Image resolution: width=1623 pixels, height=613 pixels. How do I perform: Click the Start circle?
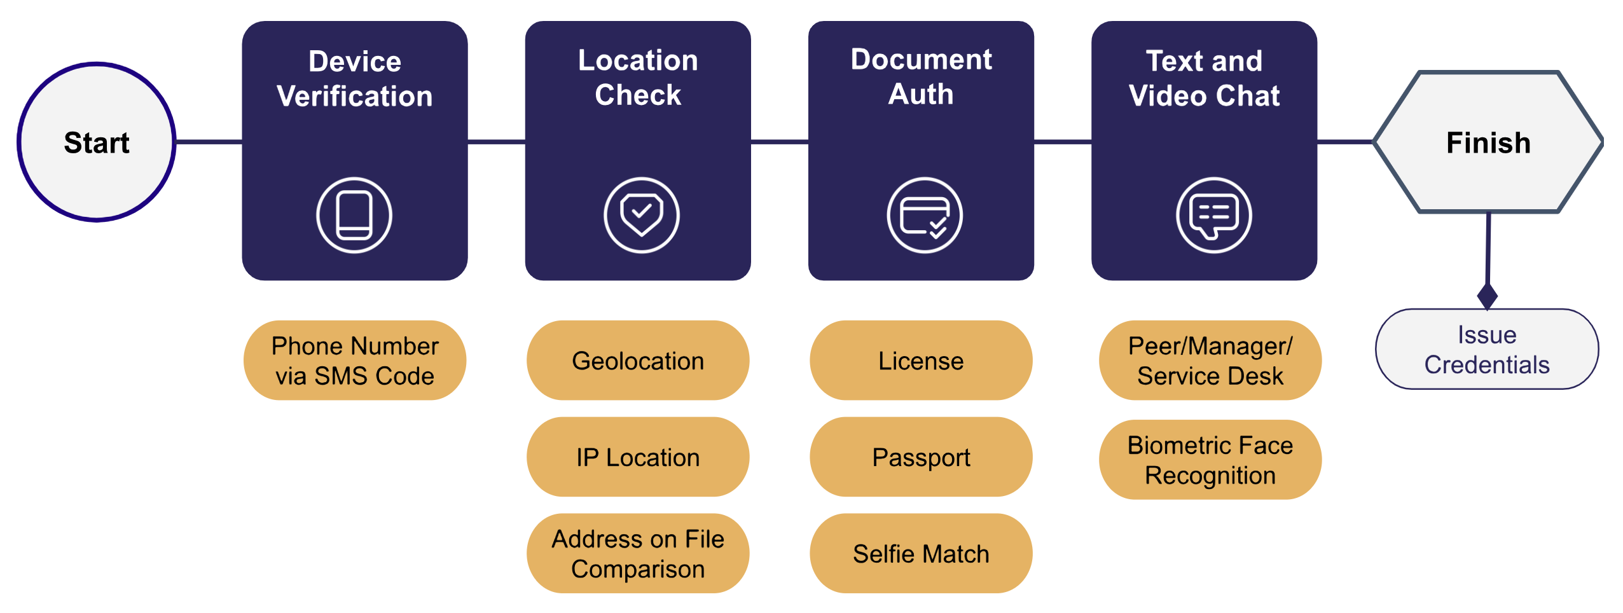[x=97, y=142]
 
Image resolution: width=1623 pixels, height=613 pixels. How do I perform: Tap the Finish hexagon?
[x=1488, y=142]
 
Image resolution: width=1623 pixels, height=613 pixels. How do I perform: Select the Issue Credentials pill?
[x=1486, y=349]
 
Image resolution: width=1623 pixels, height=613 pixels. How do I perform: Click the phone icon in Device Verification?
[x=354, y=215]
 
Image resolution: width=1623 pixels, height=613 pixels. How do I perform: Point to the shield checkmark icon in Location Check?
[x=641, y=215]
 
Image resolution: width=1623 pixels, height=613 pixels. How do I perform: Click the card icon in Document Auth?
[x=925, y=215]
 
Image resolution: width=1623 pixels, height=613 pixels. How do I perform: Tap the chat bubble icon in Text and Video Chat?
[x=1213, y=215]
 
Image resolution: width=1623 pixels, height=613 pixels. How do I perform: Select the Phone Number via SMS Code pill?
[x=355, y=361]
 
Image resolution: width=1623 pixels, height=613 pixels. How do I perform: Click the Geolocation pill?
[x=638, y=361]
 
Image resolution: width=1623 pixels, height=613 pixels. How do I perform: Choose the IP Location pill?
[x=638, y=457]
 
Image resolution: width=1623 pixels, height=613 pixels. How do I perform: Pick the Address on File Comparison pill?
[x=638, y=553]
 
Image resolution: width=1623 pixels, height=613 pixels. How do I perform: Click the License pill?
[x=921, y=361]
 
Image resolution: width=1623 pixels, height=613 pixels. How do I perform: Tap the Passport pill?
[x=921, y=457]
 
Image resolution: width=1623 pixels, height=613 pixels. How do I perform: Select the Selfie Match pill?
[x=921, y=553]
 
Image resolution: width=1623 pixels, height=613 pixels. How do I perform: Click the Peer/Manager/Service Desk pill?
[x=1210, y=361]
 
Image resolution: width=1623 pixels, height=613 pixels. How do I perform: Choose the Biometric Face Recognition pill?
[x=1210, y=460]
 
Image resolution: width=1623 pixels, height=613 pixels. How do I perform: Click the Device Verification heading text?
[x=355, y=79]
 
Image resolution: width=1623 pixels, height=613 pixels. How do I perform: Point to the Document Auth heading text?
[x=921, y=76]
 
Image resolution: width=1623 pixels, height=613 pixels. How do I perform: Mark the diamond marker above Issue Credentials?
[x=1487, y=296]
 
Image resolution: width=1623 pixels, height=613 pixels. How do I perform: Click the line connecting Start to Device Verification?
[x=209, y=142]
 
